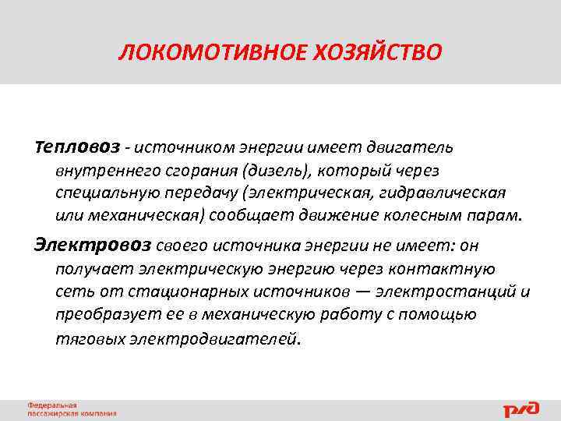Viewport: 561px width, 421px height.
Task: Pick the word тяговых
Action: (x=84, y=338)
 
